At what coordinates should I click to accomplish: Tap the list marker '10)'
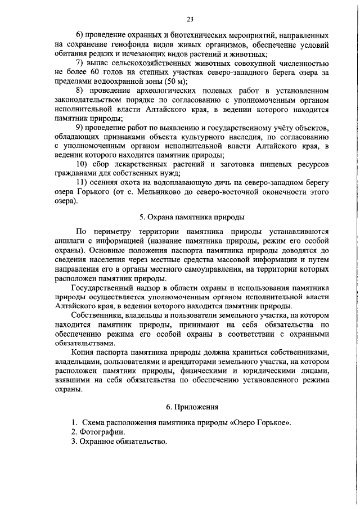83,164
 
